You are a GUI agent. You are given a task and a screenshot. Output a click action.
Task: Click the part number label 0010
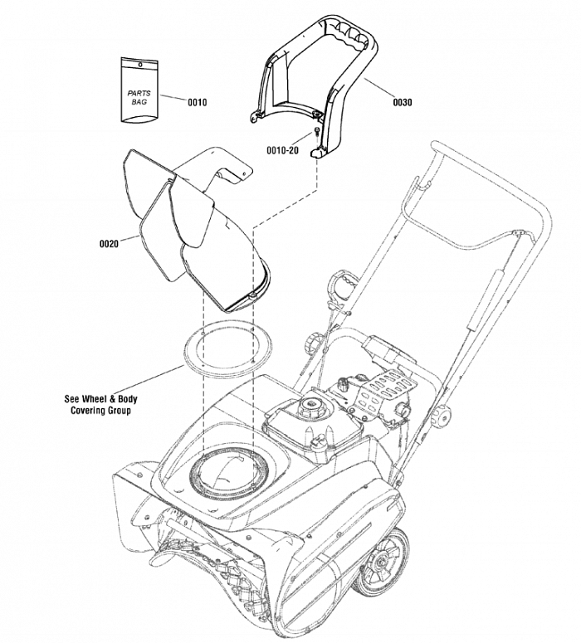[x=198, y=102]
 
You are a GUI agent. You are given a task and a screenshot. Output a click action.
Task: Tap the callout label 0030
[x=402, y=102]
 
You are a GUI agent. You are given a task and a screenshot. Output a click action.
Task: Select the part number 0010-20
[x=283, y=150]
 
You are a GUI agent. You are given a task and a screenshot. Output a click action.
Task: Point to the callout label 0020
[x=109, y=244]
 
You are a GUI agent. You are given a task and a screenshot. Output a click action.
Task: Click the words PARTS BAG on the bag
[x=139, y=97]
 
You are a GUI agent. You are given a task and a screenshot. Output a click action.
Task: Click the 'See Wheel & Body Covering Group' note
[x=100, y=404]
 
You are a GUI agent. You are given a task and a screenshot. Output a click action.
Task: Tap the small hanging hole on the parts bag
[x=140, y=64]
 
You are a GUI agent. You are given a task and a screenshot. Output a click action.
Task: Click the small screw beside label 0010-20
[x=317, y=131]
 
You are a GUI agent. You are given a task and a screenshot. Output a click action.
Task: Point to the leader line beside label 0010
[x=173, y=98]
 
